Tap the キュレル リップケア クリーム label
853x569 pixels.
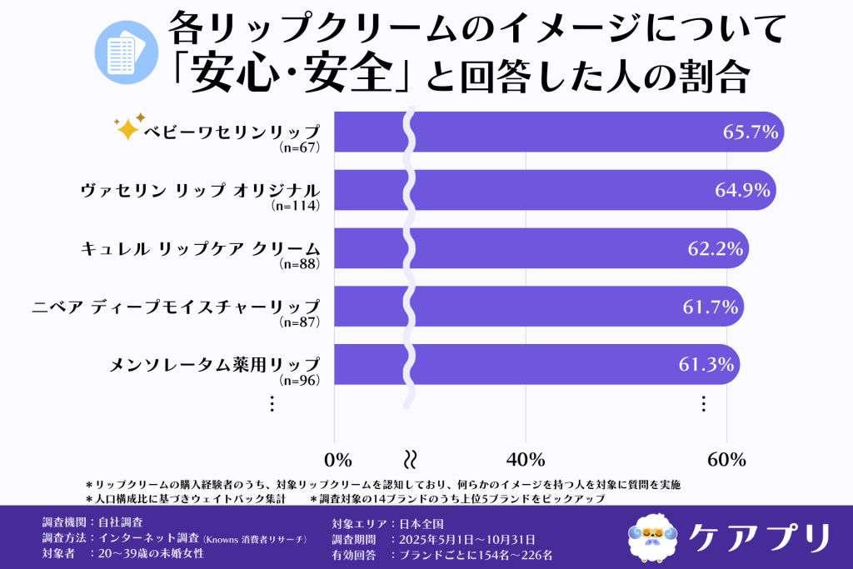(x=200, y=248)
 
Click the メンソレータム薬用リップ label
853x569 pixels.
(x=215, y=364)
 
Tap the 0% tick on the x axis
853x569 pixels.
(x=337, y=459)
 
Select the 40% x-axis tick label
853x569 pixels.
(x=526, y=459)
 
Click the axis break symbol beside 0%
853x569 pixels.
(x=409, y=459)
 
